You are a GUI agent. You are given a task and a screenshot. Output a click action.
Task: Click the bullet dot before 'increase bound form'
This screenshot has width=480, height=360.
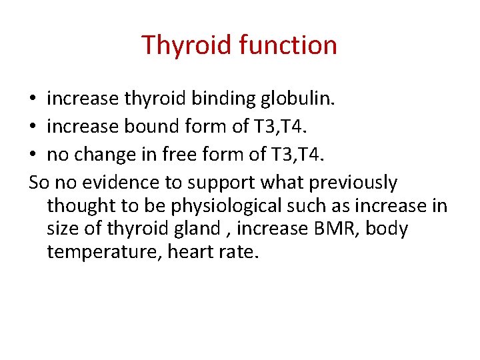(x=33, y=125)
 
